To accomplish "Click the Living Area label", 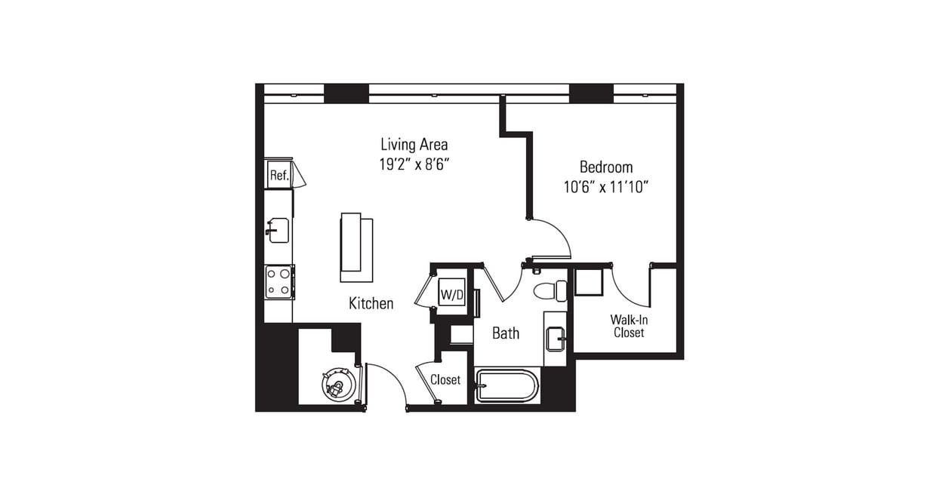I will (x=414, y=144).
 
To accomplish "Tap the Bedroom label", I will (x=605, y=167).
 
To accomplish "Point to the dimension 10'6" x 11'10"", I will (x=605, y=186).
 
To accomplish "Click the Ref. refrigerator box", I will (x=279, y=176).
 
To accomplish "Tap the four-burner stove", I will (x=279, y=282).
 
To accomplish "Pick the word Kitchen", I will (x=371, y=303).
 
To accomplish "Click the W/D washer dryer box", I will (x=451, y=294).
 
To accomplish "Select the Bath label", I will (x=505, y=333).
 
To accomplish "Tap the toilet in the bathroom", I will (x=550, y=290).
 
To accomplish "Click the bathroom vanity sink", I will (x=556, y=339).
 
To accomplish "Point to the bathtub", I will (x=507, y=387).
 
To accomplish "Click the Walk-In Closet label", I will (x=628, y=326).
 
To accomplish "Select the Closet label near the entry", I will (x=445, y=380).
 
